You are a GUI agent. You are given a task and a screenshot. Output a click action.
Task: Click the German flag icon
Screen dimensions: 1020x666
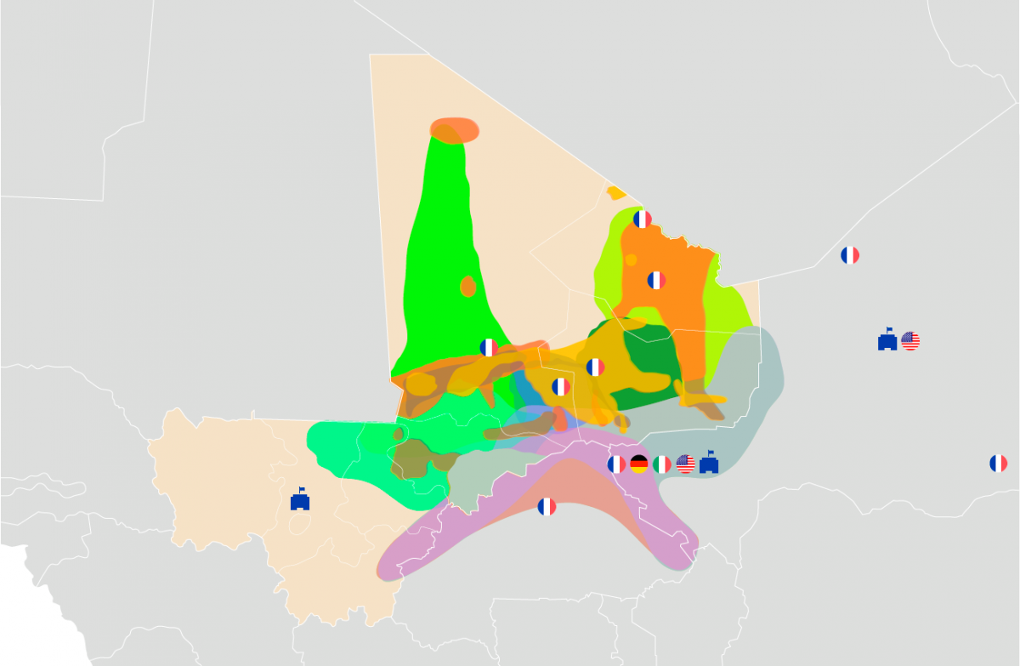coord(639,464)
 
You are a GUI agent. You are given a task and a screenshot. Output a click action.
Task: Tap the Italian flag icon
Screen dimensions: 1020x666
coord(662,464)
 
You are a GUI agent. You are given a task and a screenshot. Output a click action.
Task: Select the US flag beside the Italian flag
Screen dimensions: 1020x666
coord(685,464)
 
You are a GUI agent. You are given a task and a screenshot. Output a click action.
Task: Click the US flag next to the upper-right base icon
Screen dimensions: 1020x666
coord(910,341)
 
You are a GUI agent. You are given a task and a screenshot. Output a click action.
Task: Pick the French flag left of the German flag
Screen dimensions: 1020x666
coord(616,464)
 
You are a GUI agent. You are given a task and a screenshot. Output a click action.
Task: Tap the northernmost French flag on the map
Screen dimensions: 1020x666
coord(643,219)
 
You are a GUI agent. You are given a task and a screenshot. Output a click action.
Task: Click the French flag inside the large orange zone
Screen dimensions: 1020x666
coord(656,280)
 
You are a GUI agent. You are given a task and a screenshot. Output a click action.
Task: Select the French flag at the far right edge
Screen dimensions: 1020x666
coord(998,464)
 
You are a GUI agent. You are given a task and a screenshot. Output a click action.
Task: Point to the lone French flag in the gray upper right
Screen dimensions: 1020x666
coord(850,255)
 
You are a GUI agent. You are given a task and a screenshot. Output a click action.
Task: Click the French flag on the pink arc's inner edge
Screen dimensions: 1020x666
coord(547,507)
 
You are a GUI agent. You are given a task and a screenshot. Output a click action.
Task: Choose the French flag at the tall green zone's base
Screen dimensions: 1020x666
coord(489,347)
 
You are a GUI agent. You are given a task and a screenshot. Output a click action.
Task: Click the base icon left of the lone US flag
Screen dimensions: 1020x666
coord(887,340)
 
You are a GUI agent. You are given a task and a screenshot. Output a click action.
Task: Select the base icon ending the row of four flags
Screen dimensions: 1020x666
coord(709,463)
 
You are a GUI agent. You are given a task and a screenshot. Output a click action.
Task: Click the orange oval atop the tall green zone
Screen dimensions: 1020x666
coord(455,130)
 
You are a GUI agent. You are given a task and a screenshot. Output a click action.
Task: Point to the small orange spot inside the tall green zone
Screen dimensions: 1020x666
coord(467,287)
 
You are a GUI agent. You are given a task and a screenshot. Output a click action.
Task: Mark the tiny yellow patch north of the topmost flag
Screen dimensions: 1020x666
coord(616,193)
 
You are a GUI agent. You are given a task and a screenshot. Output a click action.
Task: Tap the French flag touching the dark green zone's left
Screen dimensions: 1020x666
coord(595,367)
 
